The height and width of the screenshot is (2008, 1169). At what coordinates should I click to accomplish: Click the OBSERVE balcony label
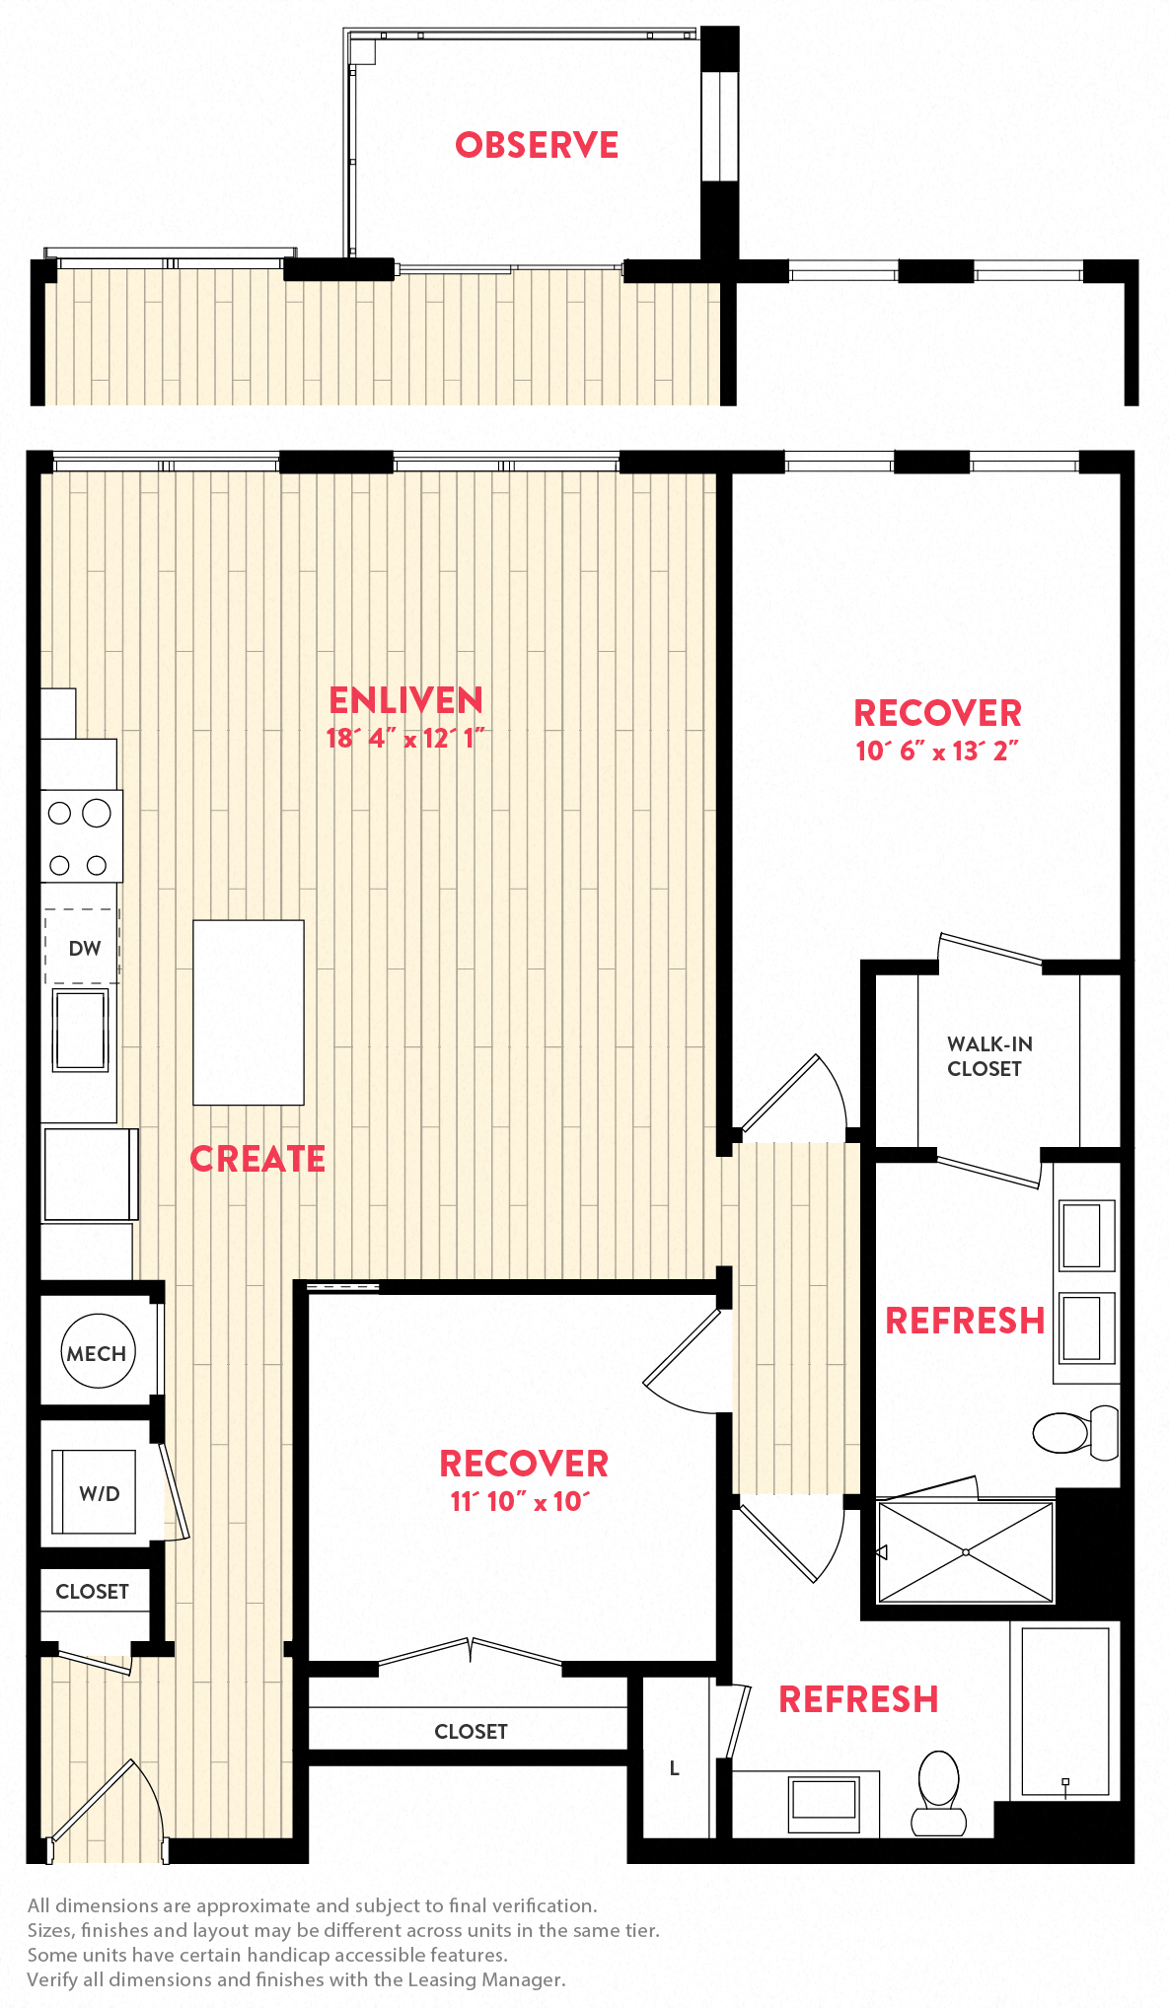(537, 145)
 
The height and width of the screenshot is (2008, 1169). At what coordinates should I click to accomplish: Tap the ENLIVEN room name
(405, 700)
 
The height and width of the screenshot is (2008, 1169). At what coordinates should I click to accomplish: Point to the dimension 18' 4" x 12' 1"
(404, 739)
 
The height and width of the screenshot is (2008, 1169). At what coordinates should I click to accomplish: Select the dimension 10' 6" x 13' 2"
(936, 752)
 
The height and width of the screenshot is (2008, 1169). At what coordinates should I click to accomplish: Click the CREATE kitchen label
(257, 1159)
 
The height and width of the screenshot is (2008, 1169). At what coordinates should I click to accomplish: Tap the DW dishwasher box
(83, 947)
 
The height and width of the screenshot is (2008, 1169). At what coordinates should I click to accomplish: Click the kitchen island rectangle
(249, 1012)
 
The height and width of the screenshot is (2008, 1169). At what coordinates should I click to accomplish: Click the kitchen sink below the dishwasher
(81, 1030)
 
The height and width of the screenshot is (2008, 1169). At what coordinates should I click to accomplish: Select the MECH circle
(97, 1352)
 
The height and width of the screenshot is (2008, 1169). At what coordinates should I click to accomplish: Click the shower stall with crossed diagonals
(965, 1552)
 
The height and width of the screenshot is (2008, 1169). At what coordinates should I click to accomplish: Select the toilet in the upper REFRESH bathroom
(1071, 1432)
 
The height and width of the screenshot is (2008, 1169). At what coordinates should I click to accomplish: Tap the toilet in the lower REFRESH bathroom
(938, 1792)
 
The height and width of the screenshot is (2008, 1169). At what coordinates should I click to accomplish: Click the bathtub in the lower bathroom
(1064, 1710)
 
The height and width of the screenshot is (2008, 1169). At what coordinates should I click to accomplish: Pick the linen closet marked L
(675, 1768)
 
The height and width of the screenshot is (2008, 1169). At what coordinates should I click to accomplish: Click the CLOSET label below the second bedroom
(471, 1732)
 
